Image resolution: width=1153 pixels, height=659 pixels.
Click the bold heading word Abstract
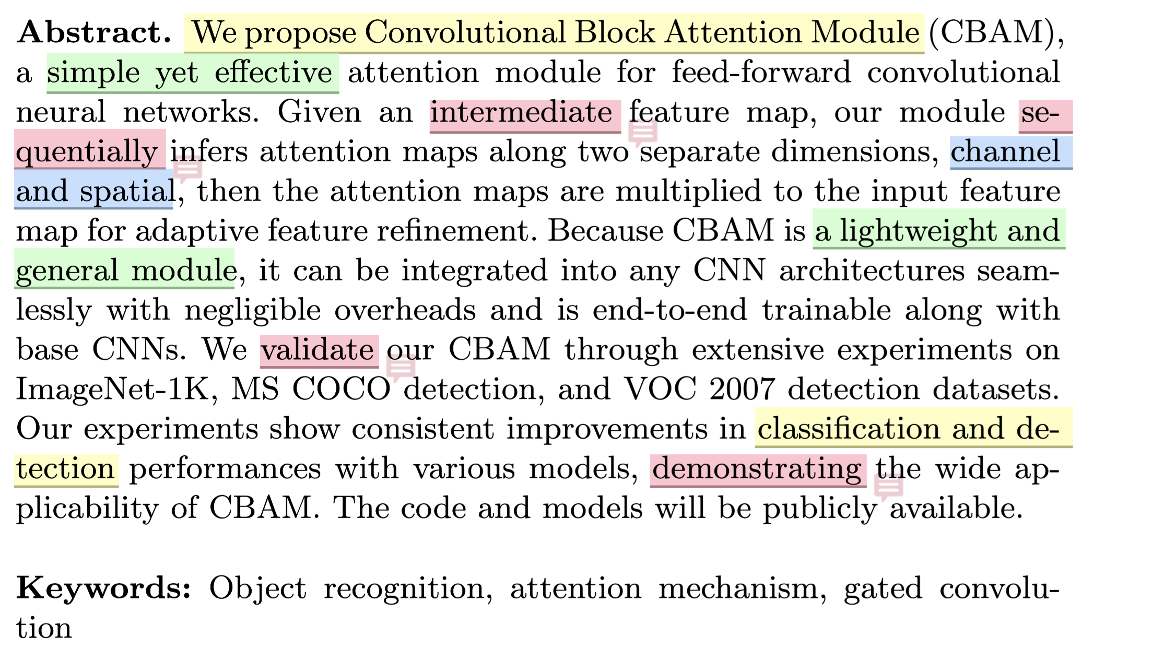pos(94,32)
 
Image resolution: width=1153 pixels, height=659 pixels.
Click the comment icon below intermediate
pos(642,131)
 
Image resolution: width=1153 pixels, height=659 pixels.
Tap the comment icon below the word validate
pos(401,368)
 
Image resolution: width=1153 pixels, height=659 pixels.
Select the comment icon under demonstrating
pos(888,488)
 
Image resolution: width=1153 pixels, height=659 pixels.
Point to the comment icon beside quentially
pos(187,169)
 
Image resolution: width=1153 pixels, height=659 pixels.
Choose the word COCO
pos(341,389)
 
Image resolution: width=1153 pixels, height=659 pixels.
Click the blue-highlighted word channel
pos(1005,152)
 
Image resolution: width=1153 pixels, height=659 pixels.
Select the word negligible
pos(253,310)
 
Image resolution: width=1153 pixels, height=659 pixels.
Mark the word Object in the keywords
pos(257,589)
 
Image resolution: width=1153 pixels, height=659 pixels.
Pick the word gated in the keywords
pos(883,589)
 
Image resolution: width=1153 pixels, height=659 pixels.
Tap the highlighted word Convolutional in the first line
pos(465,32)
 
